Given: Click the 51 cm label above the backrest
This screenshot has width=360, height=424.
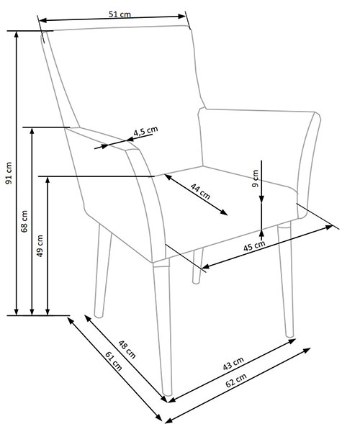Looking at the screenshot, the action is pyautogui.click(x=120, y=14).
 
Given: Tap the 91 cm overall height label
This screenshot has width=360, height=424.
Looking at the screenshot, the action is pyautogui.click(x=9, y=173).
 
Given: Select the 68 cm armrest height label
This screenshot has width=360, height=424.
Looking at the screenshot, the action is pyautogui.click(x=24, y=222).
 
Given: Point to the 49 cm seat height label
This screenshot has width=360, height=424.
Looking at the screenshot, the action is pyautogui.click(x=40, y=245).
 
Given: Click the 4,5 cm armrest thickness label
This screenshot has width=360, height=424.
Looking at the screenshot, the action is pyautogui.click(x=145, y=131).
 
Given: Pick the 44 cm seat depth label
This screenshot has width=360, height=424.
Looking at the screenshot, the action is pyautogui.click(x=200, y=191).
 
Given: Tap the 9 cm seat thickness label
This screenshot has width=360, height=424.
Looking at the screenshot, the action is pyautogui.click(x=255, y=179).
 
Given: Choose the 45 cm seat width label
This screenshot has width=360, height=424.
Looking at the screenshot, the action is pyautogui.click(x=254, y=245).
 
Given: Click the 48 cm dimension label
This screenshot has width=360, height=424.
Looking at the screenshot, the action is pyautogui.click(x=127, y=349).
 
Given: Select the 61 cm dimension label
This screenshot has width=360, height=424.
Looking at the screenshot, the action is pyautogui.click(x=114, y=361).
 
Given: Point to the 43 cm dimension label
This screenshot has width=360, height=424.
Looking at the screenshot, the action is pyautogui.click(x=233, y=363).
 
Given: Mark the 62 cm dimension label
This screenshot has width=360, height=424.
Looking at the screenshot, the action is pyautogui.click(x=236, y=380).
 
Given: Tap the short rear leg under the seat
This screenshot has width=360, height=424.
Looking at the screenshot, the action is pyautogui.click(x=197, y=266).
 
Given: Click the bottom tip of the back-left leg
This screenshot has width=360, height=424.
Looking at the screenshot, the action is pyautogui.click(x=99, y=317).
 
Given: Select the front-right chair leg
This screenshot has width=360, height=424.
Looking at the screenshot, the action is pyautogui.click(x=285, y=279).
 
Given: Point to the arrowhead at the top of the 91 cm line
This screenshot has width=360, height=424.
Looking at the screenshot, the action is pyautogui.click(x=17, y=35).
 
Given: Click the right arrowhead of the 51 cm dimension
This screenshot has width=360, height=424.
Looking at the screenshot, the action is pyautogui.click(x=181, y=17).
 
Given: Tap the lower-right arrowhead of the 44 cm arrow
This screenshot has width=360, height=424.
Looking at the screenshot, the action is pyautogui.click(x=224, y=212).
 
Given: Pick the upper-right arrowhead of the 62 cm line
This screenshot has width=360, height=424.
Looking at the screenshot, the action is pyautogui.click(x=307, y=351).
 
